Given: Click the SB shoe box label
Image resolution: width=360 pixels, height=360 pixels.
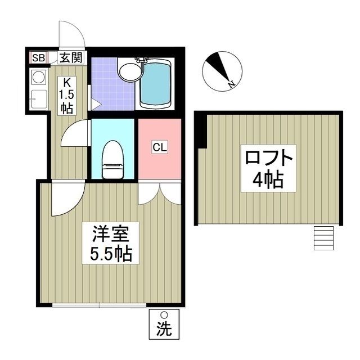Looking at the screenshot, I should coord(38,57).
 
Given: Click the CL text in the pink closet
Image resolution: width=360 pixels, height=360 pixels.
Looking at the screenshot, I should coord(159,148).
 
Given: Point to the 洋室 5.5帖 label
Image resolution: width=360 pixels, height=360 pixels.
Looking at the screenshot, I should coord(111,243).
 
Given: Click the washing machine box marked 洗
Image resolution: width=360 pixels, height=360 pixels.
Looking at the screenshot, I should coord(164,326).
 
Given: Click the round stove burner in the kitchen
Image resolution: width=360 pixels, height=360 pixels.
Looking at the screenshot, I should coord(39,76).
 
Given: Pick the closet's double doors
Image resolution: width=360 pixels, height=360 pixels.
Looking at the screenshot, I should coord(159,192).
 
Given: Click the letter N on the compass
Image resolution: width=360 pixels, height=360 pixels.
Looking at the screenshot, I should coord(231,84).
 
